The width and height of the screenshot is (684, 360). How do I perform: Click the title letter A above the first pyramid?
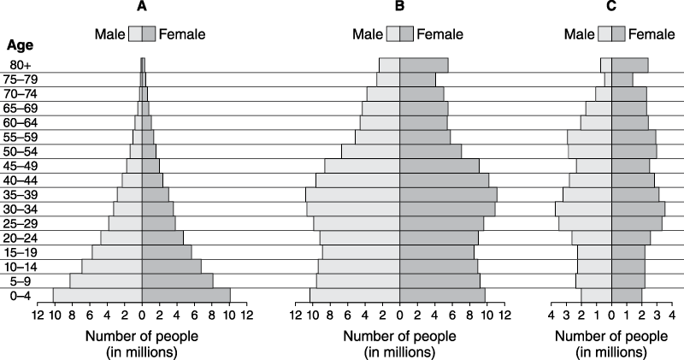click(x=142, y=8)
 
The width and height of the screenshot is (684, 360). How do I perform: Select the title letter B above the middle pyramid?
click(x=399, y=8)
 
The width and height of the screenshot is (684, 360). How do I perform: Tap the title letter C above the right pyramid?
click(x=610, y=8)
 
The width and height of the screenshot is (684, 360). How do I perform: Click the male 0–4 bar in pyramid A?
click(x=97, y=295)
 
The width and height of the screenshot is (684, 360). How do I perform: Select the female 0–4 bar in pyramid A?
click(x=186, y=295)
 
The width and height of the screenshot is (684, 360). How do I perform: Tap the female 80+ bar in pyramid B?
click(x=423, y=65)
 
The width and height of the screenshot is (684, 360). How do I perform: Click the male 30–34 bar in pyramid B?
click(x=353, y=209)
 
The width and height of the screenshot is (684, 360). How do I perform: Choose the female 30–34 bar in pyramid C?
click(x=638, y=209)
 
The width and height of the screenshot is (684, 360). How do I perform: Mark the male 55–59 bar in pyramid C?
click(x=589, y=137)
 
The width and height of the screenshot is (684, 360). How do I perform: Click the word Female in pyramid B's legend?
click(x=439, y=34)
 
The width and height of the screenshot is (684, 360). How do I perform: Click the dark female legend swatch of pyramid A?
click(x=147, y=34)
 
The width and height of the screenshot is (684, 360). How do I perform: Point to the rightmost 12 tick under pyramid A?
click(x=246, y=316)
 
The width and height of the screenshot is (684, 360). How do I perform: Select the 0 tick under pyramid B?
click(x=399, y=316)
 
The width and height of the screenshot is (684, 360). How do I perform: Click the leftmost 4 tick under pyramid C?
click(x=551, y=316)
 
